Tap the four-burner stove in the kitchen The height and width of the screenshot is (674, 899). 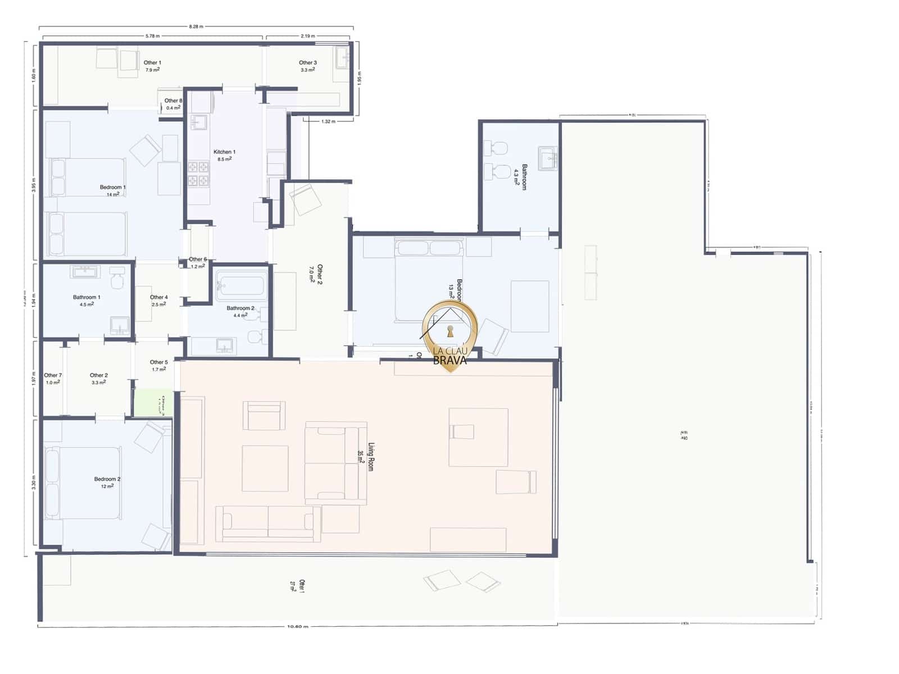pyautogui.click(x=198, y=173)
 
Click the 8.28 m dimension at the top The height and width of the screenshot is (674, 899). pyautogui.click(x=196, y=26)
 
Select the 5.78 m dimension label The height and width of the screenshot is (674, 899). pyautogui.click(x=152, y=36)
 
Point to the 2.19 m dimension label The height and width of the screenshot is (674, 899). pyautogui.click(x=307, y=36)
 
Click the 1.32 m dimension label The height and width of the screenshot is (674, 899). pyautogui.click(x=329, y=121)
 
